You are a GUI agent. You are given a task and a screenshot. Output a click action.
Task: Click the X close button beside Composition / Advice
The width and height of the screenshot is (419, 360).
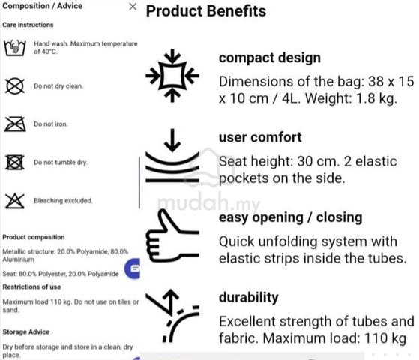tap(133, 7)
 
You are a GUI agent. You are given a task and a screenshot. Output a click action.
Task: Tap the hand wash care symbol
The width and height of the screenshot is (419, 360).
tap(15, 48)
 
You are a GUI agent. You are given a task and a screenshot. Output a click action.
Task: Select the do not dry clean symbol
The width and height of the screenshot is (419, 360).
tap(15, 86)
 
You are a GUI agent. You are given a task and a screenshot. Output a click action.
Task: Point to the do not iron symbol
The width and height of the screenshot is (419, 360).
tap(15, 124)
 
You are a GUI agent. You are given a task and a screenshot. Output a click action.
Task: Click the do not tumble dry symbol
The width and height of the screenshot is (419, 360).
tap(15, 162)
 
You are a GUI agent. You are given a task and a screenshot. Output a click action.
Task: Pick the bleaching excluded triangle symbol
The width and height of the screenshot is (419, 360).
tap(15, 201)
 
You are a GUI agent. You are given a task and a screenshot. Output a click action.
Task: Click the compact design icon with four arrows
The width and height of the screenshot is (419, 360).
tap(172, 76)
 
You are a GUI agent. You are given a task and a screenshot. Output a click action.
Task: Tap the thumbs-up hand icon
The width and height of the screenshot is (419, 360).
tap(172, 235)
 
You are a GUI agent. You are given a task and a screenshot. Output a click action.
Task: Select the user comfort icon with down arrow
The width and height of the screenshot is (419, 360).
tap(172, 156)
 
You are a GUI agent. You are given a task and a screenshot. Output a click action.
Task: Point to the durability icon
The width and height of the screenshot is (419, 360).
tap(172, 316)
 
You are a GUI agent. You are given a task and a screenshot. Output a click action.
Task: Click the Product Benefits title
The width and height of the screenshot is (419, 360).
tap(206, 11)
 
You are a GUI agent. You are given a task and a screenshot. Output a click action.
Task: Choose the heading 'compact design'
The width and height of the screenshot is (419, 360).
tap(270, 58)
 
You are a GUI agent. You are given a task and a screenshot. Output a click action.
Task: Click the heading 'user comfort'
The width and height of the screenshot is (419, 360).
tap(260, 137)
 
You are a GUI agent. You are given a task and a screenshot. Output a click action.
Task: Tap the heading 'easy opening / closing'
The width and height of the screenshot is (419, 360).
tap(291, 217)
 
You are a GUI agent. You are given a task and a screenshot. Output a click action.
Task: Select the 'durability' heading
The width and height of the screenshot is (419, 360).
tap(249, 298)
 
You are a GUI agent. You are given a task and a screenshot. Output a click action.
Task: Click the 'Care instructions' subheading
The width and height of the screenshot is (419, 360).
tap(28, 25)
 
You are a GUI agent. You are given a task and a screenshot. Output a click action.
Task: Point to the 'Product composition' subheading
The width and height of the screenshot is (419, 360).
tap(34, 237)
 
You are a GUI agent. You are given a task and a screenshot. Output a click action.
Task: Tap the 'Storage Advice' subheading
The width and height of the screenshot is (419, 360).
tap(26, 331)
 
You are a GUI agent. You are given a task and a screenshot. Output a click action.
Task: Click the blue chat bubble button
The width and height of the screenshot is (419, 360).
tap(133, 268)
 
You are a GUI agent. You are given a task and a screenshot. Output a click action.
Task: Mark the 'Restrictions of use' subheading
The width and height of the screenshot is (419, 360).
tap(31, 286)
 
